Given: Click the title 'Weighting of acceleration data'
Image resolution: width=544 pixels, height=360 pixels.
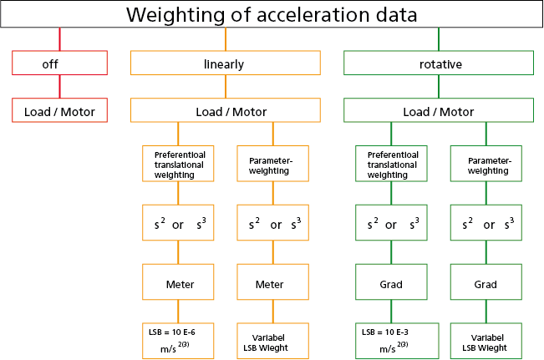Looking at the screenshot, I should pyautogui.click(x=272, y=15).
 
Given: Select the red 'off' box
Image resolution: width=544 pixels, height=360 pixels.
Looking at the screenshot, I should pyautogui.click(x=59, y=63).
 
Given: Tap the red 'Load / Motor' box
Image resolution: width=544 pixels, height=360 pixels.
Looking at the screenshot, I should pyautogui.click(x=59, y=111).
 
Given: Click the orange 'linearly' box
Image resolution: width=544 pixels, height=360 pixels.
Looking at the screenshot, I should pyautogui.click(x=225, y=63).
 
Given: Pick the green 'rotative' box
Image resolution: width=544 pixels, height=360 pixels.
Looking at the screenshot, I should pyautogui.click(x=439, y=63).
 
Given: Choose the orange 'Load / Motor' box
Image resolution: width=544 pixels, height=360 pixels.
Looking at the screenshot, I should pyautogui.click(x=225, y=111).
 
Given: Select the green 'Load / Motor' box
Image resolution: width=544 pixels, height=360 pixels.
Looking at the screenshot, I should pyautogui.click(x=439, y=111).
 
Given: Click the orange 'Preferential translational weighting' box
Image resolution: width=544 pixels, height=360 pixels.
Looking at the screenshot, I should pyautogui.click(x=179, y=164).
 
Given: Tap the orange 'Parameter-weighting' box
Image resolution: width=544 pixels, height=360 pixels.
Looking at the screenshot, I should pyautogui.click(x=269, y=164).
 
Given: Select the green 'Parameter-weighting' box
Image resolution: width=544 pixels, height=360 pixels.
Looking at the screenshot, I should pyautogui.click(x=486, y=164).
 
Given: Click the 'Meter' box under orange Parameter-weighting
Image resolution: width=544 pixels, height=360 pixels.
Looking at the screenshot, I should pyautogui.click(x=269, y=284).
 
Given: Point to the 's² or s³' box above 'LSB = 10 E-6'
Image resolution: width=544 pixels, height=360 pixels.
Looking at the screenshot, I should pyautogui.click(x=179, y=224).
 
